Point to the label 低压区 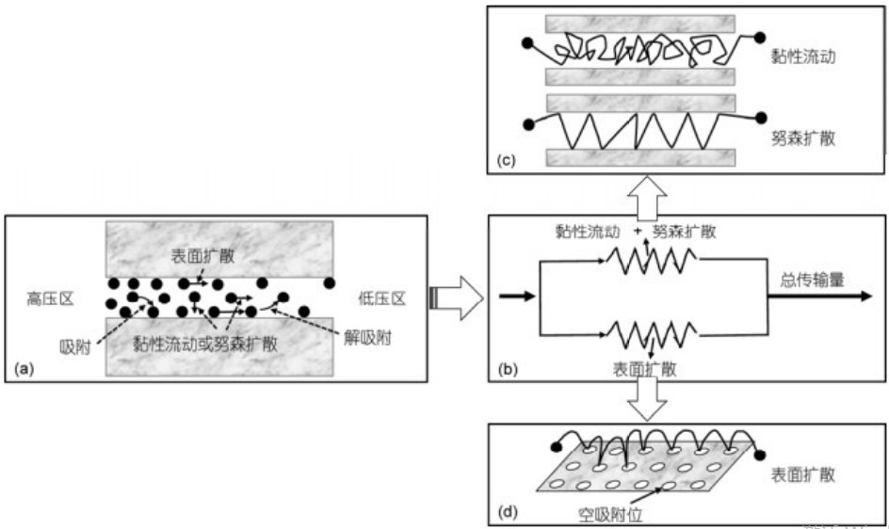click(382, 298)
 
